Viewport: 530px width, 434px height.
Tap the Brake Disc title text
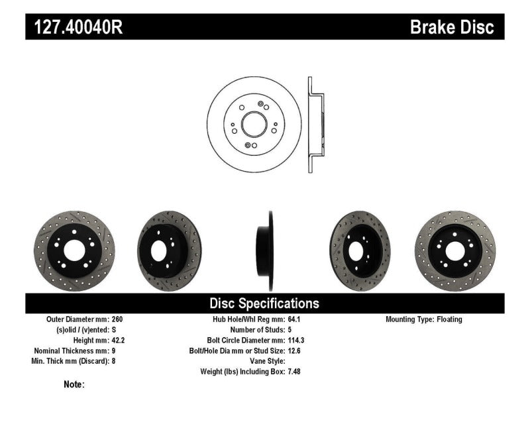(x=452, y=27)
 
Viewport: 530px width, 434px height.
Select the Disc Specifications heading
(x=264, y=303)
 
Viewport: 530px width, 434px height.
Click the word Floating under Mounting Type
(x=449, y=319)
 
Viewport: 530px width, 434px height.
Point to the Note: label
(x=74, y=384)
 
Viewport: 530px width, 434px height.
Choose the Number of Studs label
(x=257, y=330)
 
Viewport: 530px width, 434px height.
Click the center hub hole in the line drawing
(x=254, y=124)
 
